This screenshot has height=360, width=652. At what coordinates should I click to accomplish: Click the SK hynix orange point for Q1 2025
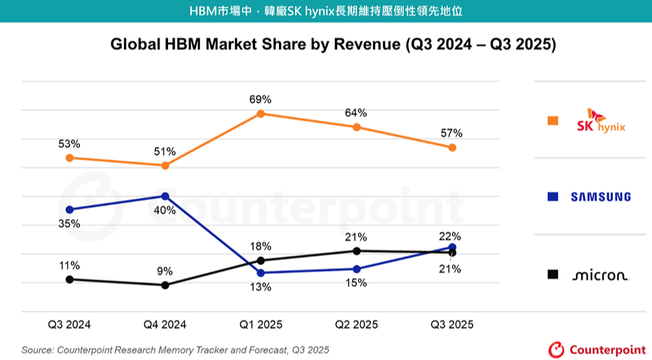[261, 114]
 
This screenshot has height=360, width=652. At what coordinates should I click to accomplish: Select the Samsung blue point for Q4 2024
[165, 196]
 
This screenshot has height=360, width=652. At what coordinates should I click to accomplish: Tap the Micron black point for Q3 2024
[70, 279]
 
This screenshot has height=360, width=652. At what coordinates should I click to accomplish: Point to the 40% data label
[164, 211]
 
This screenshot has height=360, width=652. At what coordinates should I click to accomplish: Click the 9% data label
[165, 271]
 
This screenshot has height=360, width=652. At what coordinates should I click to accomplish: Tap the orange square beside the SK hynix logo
[553, 120]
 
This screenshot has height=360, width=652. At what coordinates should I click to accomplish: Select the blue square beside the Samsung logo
[553, 196]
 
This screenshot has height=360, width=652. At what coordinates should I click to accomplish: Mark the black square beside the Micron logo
[553, 274]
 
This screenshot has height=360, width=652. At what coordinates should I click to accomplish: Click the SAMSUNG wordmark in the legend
[601, 197]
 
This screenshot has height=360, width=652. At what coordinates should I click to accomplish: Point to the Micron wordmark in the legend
[601, 275]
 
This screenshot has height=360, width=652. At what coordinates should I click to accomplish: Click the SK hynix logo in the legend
[601, 121]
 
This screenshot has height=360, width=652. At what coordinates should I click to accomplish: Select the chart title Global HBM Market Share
[333, 44]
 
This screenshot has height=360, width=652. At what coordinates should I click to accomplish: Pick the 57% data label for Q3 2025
[451, 133]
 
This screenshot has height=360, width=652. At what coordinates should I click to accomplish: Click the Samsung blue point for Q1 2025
[261, 272]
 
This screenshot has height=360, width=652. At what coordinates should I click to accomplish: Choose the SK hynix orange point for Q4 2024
[165, 166]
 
